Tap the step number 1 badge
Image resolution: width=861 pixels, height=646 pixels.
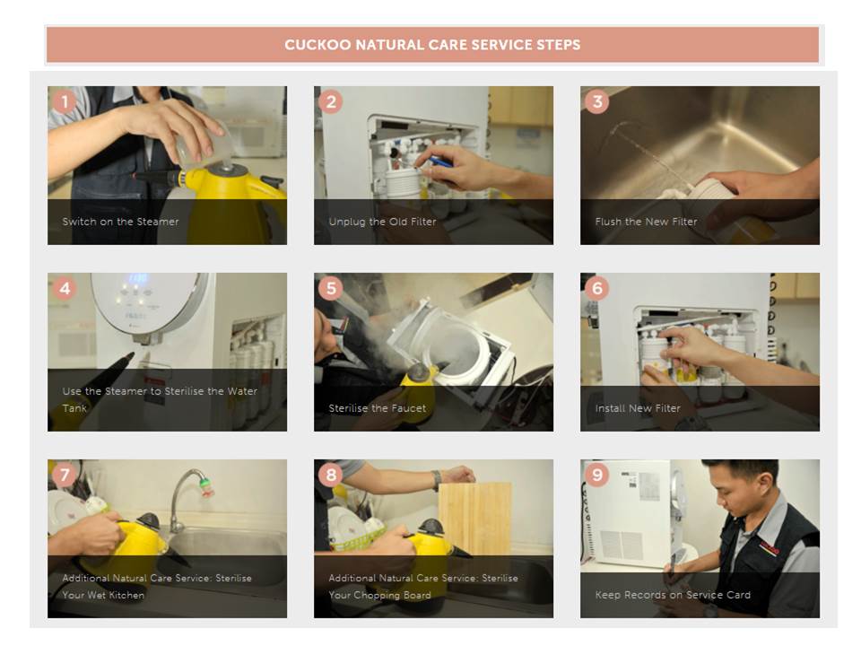(65, 102)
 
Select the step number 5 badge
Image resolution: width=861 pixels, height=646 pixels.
(331, 289)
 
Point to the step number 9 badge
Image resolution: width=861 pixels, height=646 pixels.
(597, 476)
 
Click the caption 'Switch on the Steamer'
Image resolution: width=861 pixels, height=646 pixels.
(120, 222)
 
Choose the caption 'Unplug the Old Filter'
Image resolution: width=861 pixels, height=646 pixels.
(382, 222)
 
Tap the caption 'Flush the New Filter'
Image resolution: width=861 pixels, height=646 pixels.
(646, 222)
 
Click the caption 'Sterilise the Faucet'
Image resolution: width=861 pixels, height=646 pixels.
(378, 408)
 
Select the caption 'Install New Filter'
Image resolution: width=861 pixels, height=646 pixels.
(638, 408)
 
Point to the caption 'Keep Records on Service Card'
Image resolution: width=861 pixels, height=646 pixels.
(673, 595)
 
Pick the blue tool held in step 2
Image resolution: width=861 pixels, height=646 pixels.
(439, 161)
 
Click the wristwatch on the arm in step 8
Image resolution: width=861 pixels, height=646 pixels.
(437, 480)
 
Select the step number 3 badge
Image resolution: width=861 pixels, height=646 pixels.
(597, 102)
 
